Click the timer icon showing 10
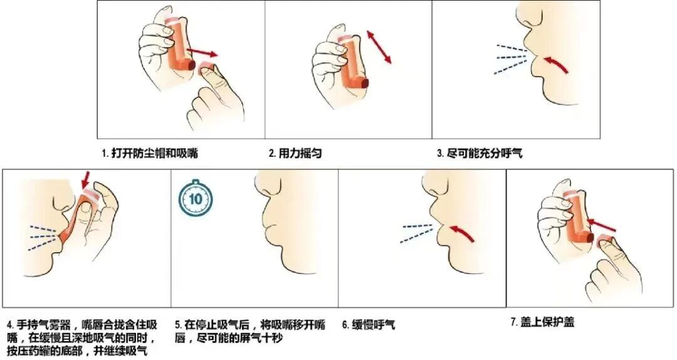(x=196, y=198)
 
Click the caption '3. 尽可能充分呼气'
(x=480, y=153)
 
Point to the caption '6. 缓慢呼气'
(x=369, y=325)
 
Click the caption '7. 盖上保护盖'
(x=543, y=322)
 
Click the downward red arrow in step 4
(x=85, y=179)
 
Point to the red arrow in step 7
(x=603, y=224)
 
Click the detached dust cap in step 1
(x=206, y=69)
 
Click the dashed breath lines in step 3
(x=512, y=59)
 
